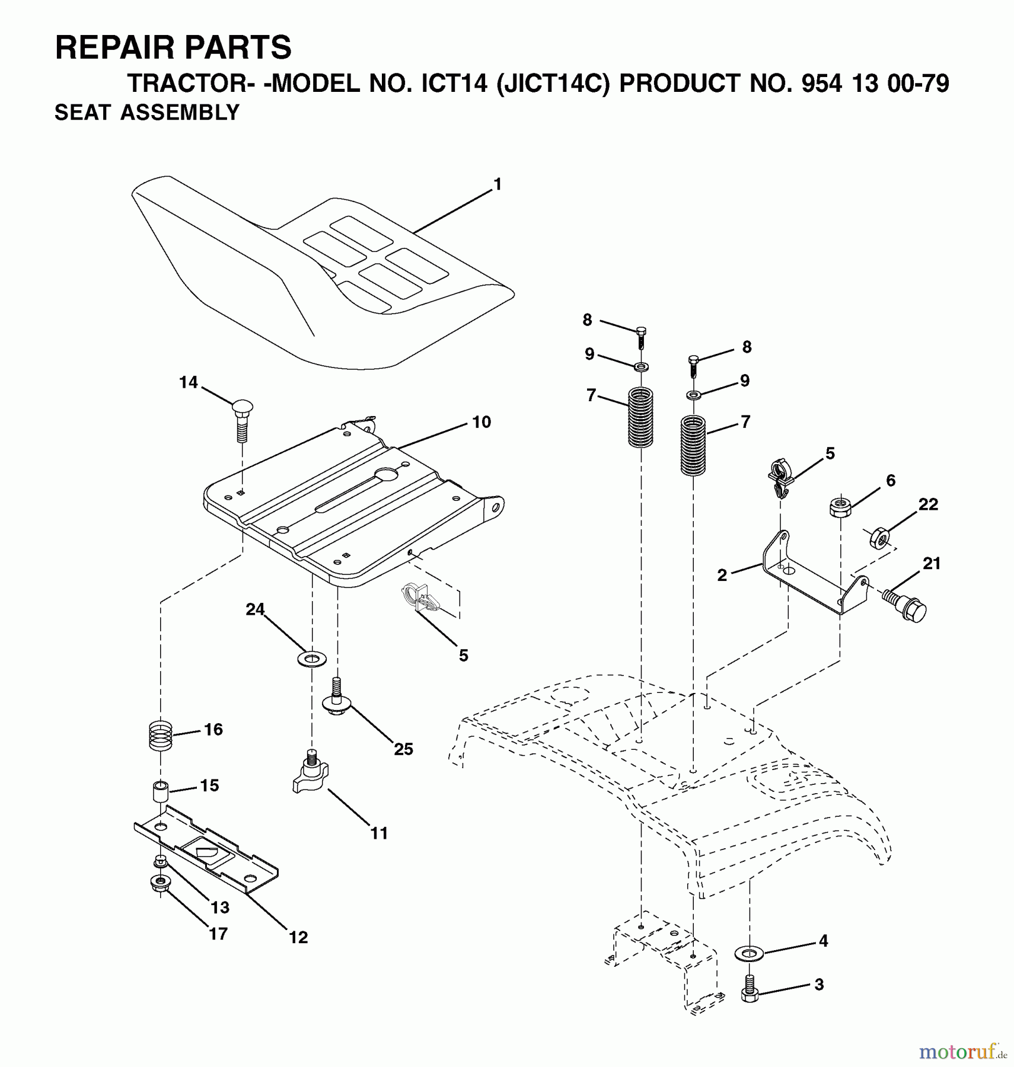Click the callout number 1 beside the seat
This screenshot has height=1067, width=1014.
click(x=498, y=185)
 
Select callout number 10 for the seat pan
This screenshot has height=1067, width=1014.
click(x=482, y=422)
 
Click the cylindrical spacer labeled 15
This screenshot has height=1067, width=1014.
click(x=160, y=791)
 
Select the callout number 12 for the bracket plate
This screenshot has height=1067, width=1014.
click(x=298, y=937)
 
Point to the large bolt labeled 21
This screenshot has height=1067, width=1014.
click(x=905, y=604)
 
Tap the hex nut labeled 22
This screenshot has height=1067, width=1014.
click(x=878, y=538)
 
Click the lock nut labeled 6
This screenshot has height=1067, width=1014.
click(x=840, y=507)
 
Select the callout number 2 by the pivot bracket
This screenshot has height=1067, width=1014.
click(x=722, y=575)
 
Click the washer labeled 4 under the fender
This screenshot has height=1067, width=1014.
click(x=749, y=953)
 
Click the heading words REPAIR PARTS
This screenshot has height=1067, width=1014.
click(x=173, y=47)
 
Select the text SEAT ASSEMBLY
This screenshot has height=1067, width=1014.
click(x=147, y=113)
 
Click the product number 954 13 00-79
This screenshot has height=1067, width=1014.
click(x=875, y=84)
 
